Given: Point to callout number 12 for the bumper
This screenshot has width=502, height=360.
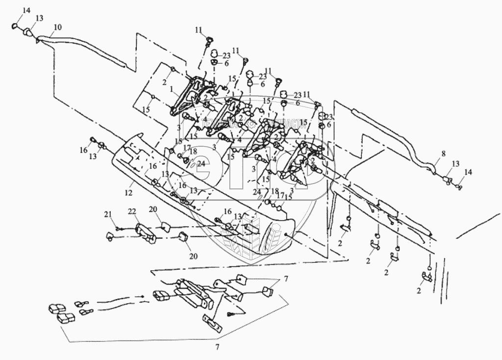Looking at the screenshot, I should [x=128, y=193].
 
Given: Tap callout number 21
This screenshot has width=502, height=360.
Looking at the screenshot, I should [x=108, y=213].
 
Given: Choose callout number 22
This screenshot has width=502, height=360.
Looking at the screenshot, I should [x=131, y=210].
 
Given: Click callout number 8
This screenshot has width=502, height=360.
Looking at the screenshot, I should [x=443, y=154].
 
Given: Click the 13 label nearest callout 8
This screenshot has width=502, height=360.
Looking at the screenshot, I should [x=455, y=164].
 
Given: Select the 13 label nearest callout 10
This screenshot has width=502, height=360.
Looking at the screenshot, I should [x=39, y=18].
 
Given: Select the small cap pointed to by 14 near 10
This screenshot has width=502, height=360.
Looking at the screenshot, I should [x=16, y=26].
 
